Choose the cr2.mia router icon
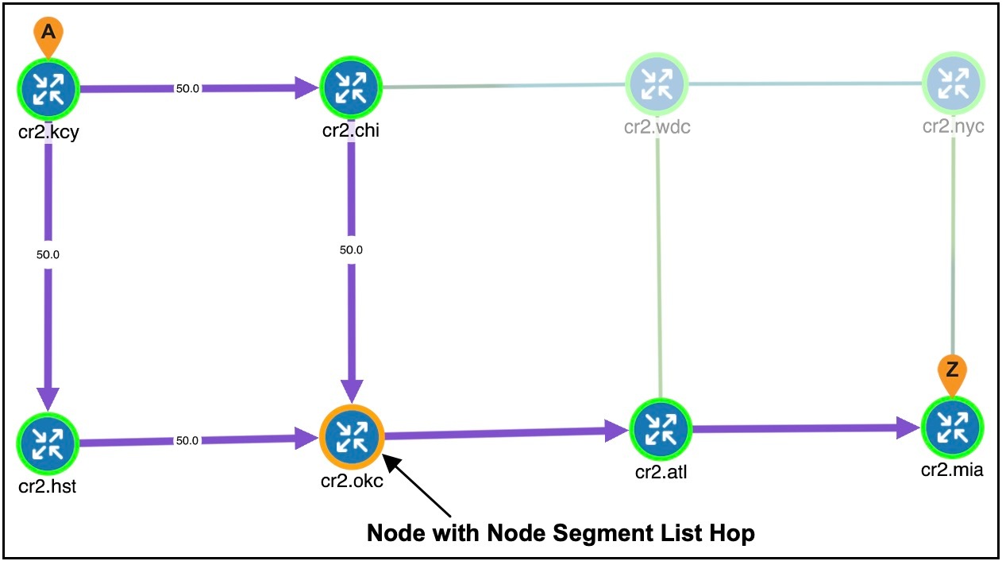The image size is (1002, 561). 953,428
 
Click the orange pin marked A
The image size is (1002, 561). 48,33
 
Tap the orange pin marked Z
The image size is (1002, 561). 953,371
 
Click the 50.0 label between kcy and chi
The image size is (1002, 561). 187,89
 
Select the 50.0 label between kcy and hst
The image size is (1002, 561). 48,255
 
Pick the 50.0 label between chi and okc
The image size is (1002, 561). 351,250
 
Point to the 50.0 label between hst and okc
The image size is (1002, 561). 187,440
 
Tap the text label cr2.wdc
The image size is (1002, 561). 657,128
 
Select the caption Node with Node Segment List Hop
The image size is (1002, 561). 561,533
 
